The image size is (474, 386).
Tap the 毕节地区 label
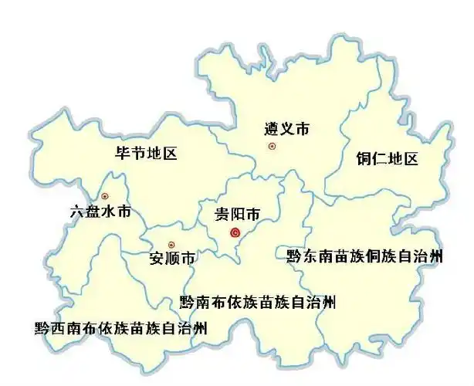[146, 154]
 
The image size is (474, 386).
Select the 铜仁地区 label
[387, 160]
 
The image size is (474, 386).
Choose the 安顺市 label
[172, 258]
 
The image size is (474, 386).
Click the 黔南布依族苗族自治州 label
[258, 301]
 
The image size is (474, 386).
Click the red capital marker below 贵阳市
[236, 232]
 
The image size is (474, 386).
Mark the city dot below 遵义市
[271, 146]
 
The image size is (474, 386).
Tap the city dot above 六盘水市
[105, 195]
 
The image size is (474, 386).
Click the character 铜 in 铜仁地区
[364, 160]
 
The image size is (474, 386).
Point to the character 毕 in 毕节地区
[122, 154]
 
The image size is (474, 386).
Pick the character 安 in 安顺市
[157, 258]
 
